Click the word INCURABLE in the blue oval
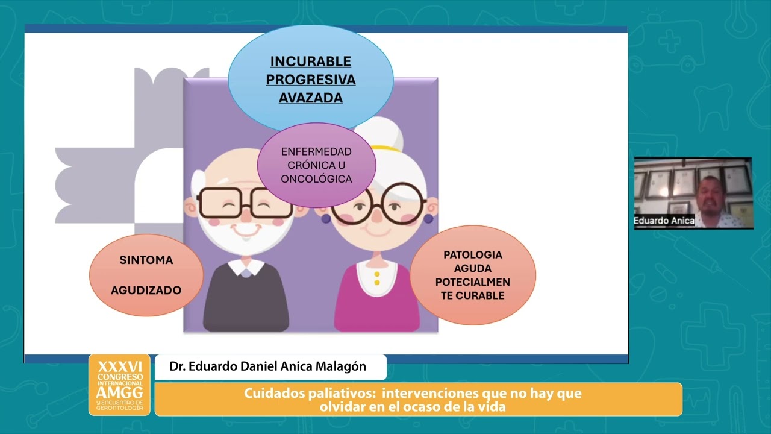(310, 61)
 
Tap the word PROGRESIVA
(310, 80)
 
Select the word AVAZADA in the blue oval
(310, 98)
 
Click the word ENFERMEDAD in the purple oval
(316, 151)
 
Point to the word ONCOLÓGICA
(316, 179)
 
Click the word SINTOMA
(146, 260)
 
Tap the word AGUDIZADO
(146, 290)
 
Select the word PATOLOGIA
(472, 254)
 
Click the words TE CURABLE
(472, 295)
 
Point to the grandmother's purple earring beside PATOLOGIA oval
(429, 219)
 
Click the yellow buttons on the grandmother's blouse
(377, 278)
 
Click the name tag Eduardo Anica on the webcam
(664, 221)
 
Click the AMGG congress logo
(119, 385)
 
